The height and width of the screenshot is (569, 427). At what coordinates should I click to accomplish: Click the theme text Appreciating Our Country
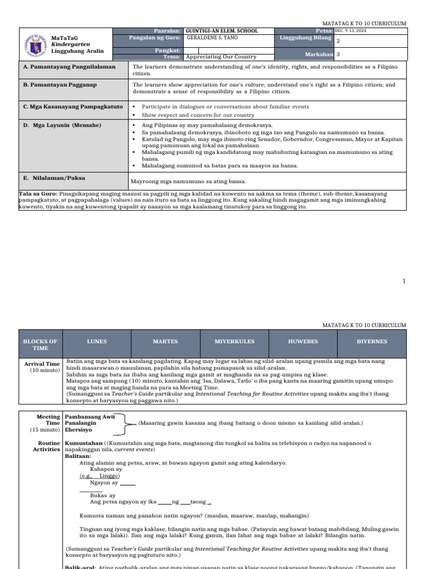[x=221, y=57]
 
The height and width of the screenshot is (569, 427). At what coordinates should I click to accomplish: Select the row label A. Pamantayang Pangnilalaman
[x=69, y=67]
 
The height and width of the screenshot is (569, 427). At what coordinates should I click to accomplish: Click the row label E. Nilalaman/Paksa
[x=54, y=178]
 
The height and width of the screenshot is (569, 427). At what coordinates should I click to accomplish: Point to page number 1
[x=404, y=282]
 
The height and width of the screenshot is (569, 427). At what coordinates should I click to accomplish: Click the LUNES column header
[x=97, y=341]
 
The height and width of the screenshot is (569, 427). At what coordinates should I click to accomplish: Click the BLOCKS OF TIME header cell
[x=40, y=345]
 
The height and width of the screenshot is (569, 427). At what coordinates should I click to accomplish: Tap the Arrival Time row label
[x=42, y=364]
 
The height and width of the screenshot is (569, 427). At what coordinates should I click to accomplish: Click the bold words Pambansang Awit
[x=90, y=416]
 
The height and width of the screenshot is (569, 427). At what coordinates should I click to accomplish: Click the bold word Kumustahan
[x=84, y=443]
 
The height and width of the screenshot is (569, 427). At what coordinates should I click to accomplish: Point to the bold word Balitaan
[x=77, y=455]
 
